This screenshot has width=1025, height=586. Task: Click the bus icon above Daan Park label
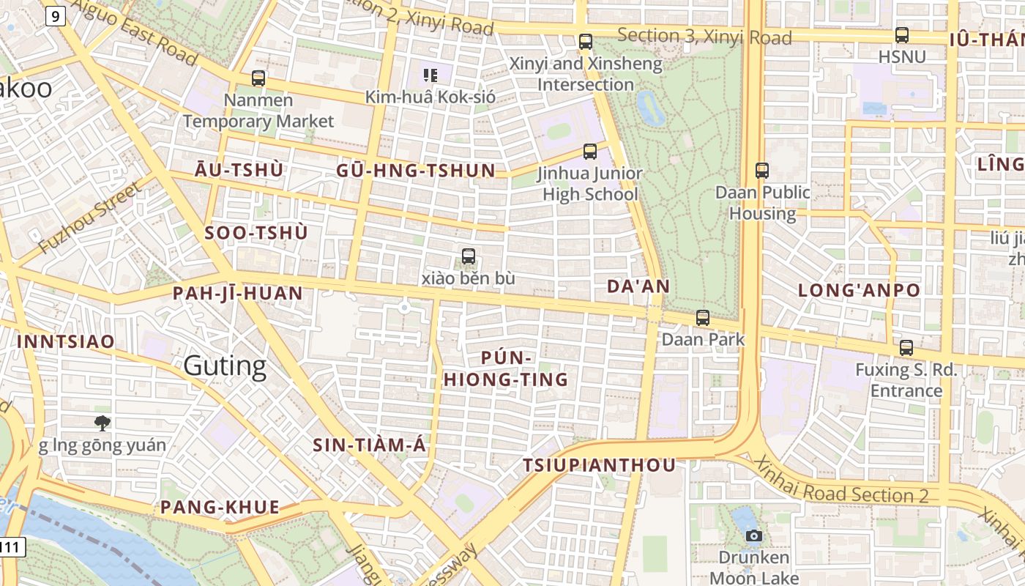pyautogui.click(x=703, y=318)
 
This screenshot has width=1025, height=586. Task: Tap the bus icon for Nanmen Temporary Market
pyautogui.click(x=258, y=78)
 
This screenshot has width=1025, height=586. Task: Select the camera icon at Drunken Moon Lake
pyautogui.click(x=753, y=536)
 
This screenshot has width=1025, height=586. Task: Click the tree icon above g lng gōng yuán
pyautogui.click(x=102, y=423)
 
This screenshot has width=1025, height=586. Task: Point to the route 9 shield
pyautogui.click(x=55, y=15)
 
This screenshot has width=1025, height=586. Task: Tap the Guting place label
pyautogui.click(x=225, y=366)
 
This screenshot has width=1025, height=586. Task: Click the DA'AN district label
pyautogui.click(x=638, y=286)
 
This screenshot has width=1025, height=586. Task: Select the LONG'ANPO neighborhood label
pyautogui.click(x=859, y=290)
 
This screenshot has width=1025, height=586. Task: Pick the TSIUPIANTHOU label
pyautogui.click(x=599, y=466)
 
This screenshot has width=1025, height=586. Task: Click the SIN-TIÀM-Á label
pyautogui.click(x=369, y=445)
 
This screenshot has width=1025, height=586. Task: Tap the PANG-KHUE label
pyautogui.click(x=220, y=507)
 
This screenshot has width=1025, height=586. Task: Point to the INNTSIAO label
pyautogui.click(x=66, y=341)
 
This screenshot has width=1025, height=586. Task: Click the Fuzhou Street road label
pyautogui.click(x=90, y=218)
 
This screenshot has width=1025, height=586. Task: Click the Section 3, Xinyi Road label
pyautogui.click(x=704, y=36)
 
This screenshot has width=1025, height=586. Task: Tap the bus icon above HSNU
pyautogui.click(x=902, y=35)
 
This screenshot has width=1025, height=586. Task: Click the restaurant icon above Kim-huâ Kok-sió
pyautogui.click(x=430, y=75)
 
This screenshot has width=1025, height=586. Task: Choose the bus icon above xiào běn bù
pyautogui.click(x=469, y=257)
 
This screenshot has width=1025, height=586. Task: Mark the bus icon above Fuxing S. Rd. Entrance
pyautogui.click(x=906, y=349)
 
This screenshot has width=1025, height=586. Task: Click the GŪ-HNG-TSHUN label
pyautogui.click(x=416, y=171)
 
